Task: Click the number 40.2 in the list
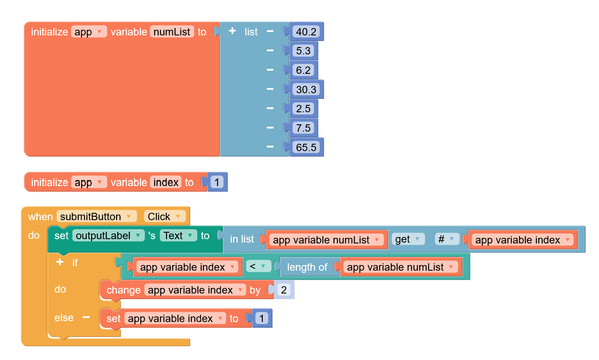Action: [306, 32]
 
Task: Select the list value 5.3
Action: [303, 51]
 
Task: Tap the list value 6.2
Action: [303, 70]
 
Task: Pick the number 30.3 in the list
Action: [306, 90]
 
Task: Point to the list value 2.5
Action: [303, 109]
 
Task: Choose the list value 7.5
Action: [303, 128]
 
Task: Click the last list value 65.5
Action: [306, 148]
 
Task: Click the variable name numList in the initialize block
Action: [172, 32]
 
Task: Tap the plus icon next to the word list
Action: [232, 31]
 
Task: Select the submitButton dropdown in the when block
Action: [96, 216]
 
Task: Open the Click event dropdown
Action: [165, 216]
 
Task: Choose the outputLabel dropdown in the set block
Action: [108, 236]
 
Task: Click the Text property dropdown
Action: [178, 236]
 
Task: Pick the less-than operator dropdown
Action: [259, 267]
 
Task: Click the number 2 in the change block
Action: [284, 290]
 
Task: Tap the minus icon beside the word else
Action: [86, 318]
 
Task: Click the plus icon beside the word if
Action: [60, 262]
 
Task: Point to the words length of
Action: [307, 267]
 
